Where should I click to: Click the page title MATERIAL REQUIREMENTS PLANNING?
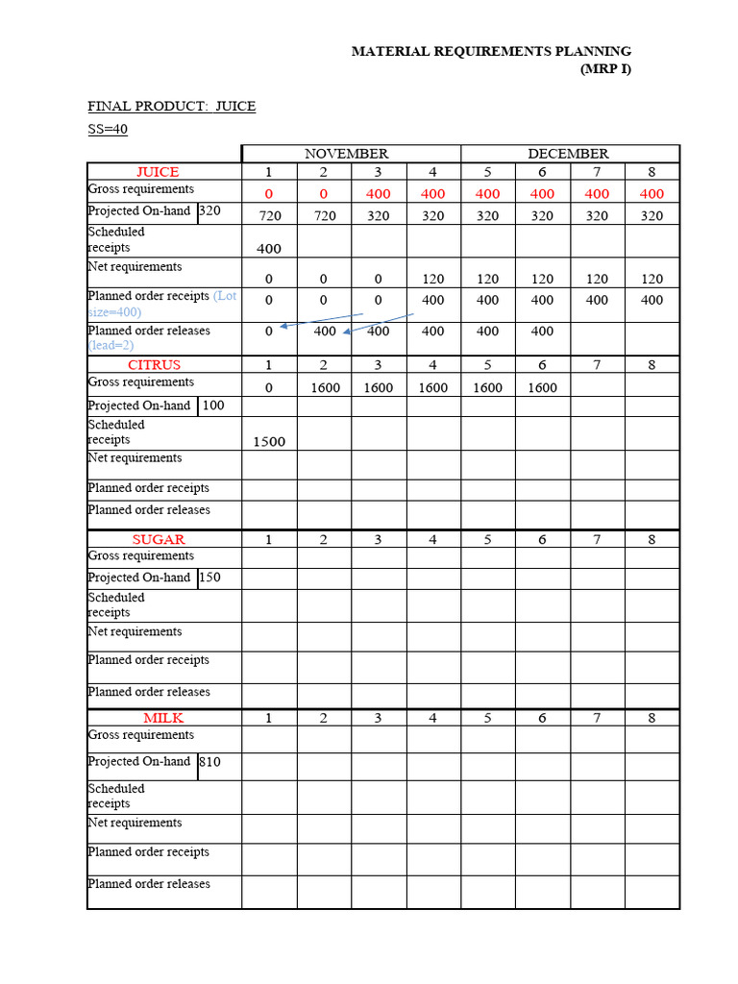(491, 51)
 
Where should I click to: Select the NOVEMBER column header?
(346, 154)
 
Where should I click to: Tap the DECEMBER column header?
(568, 154)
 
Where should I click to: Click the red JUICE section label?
(158, 172)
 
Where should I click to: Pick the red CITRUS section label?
(154, 365)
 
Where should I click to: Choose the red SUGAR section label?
(159, 540)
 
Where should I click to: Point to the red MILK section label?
(163, 718)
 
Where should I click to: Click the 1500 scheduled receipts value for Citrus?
(269, 442)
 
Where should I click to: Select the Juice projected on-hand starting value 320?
(209, 210)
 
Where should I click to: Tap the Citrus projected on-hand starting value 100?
(213, 406)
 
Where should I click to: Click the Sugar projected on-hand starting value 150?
(209, 578)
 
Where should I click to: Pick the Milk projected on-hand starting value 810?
(209, 762)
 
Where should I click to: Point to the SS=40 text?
(108, 130)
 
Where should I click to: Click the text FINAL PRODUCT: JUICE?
(171, 106)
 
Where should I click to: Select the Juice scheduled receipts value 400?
(269, 249)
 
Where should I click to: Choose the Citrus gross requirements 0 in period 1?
(269, 387)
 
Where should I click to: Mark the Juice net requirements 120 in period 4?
(433, 279)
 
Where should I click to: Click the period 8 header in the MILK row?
(652, 718)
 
